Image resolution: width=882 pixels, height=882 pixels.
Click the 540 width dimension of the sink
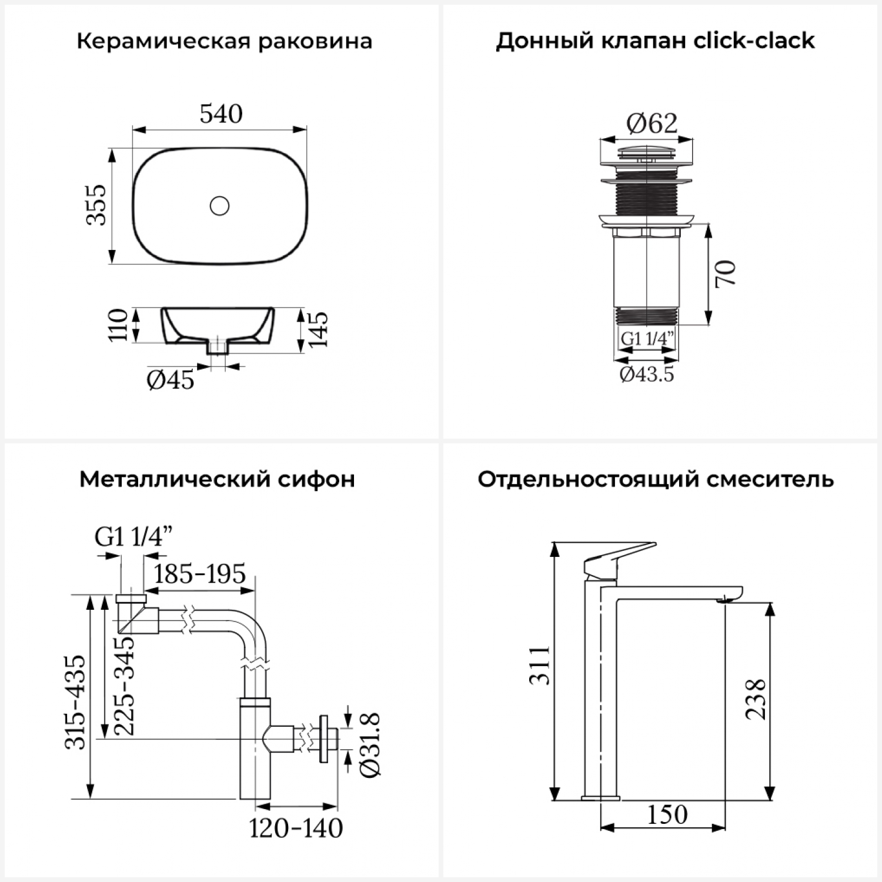tap(221, 113)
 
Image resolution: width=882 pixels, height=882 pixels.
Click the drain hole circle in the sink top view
tap(219, 206)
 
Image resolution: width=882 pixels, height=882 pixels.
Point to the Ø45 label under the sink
tap(171, 380)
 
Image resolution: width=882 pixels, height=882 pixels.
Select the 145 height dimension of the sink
tap(318, 329)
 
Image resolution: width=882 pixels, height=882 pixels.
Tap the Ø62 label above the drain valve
tap(652, 123)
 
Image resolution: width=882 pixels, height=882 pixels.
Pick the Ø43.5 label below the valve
tap(647, 374)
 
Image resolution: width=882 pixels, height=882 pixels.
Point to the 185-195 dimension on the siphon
tap(199, 574)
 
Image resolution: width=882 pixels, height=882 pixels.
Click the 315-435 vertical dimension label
tap(75, 701)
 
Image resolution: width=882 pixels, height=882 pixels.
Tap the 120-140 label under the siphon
tap(296, 828)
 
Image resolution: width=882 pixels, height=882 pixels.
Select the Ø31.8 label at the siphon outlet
tap(370, 745)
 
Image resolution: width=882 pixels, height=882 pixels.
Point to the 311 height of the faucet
tap(539, 665)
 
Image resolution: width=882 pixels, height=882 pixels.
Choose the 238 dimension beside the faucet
tap(755, 699)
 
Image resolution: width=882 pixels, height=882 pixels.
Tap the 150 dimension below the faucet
tap(667, 814)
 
